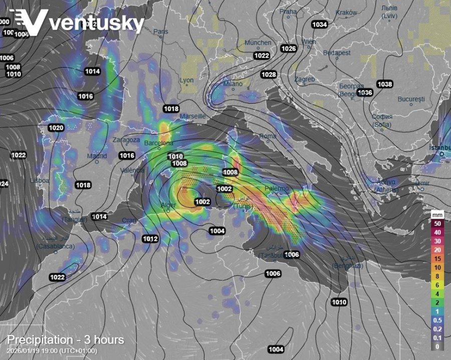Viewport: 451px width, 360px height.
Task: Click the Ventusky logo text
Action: (95, 23)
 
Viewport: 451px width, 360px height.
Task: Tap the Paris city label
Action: (161, 32)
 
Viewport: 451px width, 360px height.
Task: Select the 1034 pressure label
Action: (319, 25)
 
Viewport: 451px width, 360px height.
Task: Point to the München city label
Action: (258, 43)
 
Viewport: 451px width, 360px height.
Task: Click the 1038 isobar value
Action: (385, 84)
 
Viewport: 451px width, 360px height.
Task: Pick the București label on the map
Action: (411, 99)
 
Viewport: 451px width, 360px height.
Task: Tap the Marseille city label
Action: (192, 116)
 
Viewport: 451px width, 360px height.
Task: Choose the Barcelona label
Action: (158, 143)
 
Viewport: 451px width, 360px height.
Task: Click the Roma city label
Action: (268, 136)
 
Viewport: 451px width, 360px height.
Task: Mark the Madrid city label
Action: (97, 156)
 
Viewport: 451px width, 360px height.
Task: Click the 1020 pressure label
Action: (56, 128)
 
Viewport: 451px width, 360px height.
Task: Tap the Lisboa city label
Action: (40, 180)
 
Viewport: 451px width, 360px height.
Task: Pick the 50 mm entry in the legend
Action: (437, 223)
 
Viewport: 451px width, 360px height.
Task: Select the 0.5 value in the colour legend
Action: (437, 320)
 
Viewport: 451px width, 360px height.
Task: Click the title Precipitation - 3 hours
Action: (65, 340)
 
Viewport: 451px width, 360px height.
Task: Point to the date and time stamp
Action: (52, 351)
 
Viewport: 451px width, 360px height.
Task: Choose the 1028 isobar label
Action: (269, 75)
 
